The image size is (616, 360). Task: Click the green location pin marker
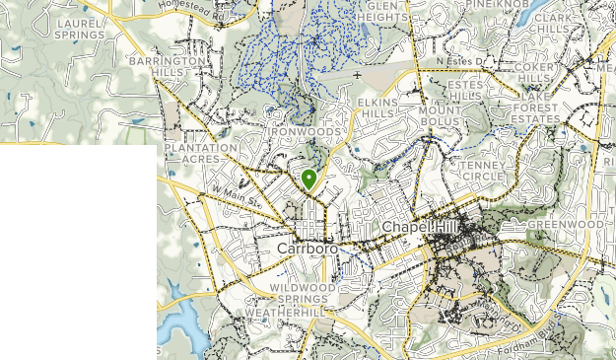[x=309, y=180]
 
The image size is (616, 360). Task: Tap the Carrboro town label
[x=308, y=248]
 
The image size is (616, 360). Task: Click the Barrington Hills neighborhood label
[x=167, y=66]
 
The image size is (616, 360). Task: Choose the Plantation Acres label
[x=201, y=153]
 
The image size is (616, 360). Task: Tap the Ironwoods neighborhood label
[x=307, y=131]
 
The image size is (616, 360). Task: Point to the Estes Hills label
[x=466, y=91]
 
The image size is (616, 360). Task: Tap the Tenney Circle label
[x=482, y=170]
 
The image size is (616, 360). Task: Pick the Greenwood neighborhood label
[x=565, y=225]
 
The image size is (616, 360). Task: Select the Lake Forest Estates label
[x=528, y=112]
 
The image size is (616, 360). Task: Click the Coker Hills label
[x=534, y=72]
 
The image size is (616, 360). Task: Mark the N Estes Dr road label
[x=463, y=60]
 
